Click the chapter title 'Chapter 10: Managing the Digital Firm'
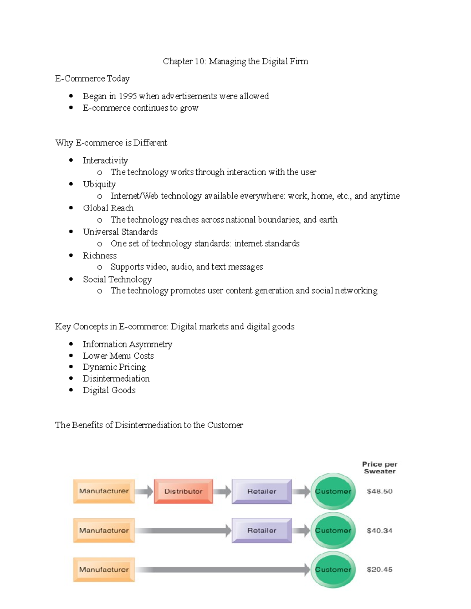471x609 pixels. pyautogui.click(x=235, y=61)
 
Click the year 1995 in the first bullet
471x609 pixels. pyautogui.click(x=128, y=96)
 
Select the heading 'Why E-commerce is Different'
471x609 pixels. pyautogui.click(x=111, y=143)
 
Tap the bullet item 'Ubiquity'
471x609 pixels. pyautogui.click(x=99, y=184)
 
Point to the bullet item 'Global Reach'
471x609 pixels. pyautogui.click(x=108, y=208)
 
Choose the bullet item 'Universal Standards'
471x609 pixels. pyautogui.click(x=120, y=232)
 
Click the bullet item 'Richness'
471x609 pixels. pyautogui.click(x=100, y=256)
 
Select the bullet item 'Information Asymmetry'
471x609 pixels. pyautogui.click(x=127, y=344)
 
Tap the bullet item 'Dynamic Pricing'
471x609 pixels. pyautogui.click(x=114, y=367)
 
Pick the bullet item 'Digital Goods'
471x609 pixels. pyautogui.click(x=109, y=390)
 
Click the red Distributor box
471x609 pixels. pyautogui.click(x=183, y=491)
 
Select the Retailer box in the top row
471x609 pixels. pyautogui.click(x=261, y=491)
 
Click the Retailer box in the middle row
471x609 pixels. pyautogui.click(x=261, y=531)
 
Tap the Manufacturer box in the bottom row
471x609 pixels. pyautogui.click(x=104, y=569)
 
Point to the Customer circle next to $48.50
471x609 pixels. pyautogui.click(x=333, y=491)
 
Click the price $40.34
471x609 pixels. pyautogui.click(x=379, y=531)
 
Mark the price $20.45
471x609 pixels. pyautogui.click(x=379, y=569)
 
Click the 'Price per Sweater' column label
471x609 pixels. pyautogui.click(x=380, y=467)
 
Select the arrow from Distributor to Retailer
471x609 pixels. pyautogui.click(x=222, y=491)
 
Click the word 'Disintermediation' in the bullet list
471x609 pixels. pyautogui.click(x=116, y=379)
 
